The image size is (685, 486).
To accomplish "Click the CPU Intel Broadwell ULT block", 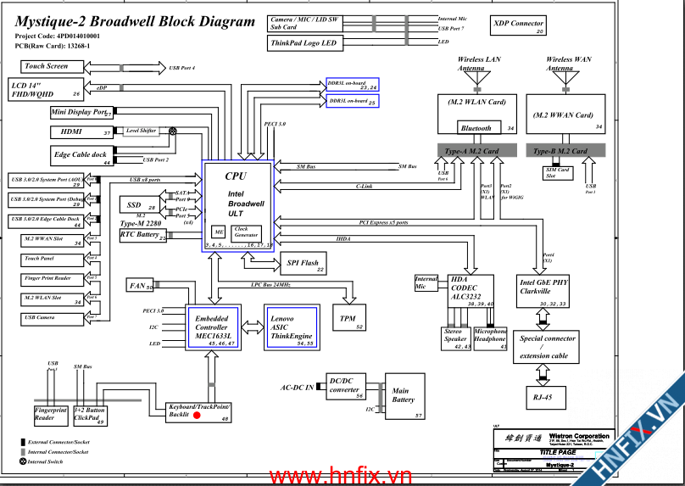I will click(x=238, y=204).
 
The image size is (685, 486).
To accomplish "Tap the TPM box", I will click(x=348, y=319).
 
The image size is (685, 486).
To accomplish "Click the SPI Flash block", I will click(x=303, y=265).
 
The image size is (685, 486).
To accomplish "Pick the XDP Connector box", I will click(x=519, y=26).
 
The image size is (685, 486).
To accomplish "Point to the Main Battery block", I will click(x=404, y=397).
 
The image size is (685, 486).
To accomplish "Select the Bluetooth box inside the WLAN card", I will click(x=476, y=128).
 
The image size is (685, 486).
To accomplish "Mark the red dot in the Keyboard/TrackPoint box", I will click(x=197, y=416).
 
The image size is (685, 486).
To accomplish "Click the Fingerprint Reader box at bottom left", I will click(x=50, y=414).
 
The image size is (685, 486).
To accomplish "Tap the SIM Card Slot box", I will click(x=557, y=172).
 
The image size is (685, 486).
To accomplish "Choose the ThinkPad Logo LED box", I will click(x=306, y=43).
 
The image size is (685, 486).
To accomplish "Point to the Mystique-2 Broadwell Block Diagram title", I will click(x=135, y=22).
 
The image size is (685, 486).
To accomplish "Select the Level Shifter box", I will click(x=141, y=131).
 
